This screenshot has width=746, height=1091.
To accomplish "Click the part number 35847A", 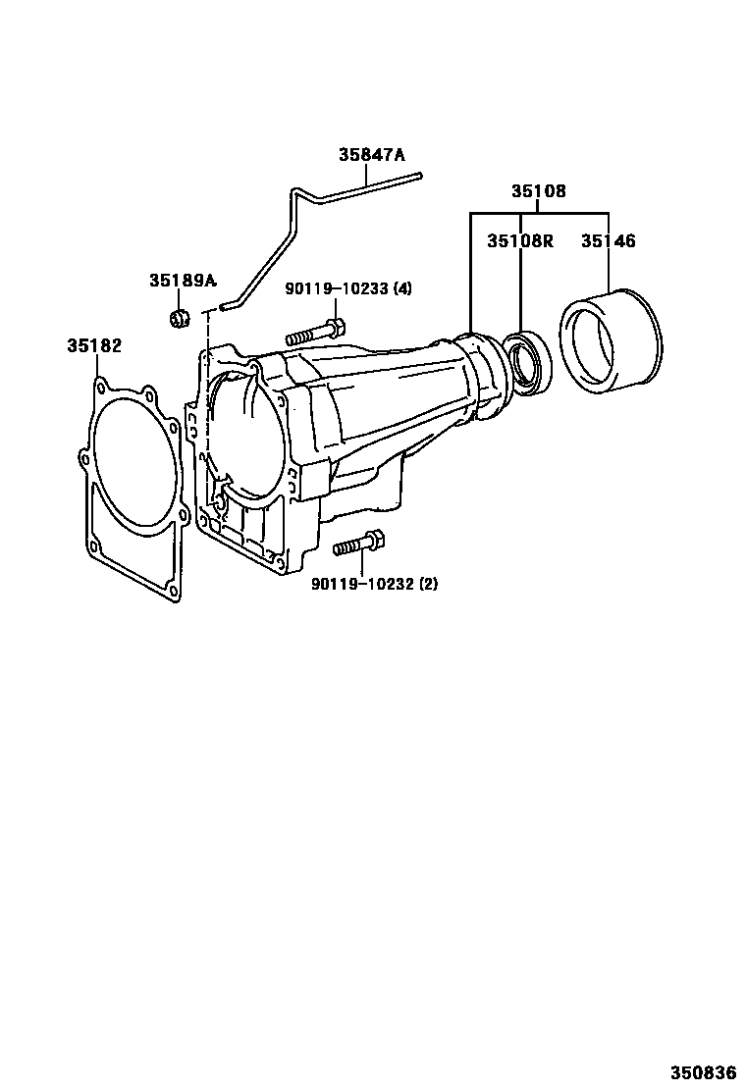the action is click(x=371, y=154).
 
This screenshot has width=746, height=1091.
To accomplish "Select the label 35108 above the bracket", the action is click(x=539, y=190).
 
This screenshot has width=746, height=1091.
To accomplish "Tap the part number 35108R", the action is click(x=520, y=240).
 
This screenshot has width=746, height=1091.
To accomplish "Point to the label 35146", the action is click(x=609, y=240).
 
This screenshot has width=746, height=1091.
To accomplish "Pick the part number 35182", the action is click(x=94, y=345).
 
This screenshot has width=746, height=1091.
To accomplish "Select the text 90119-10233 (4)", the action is click(x=347, y=288).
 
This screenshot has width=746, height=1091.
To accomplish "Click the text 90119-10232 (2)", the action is click(x=374, y=584).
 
